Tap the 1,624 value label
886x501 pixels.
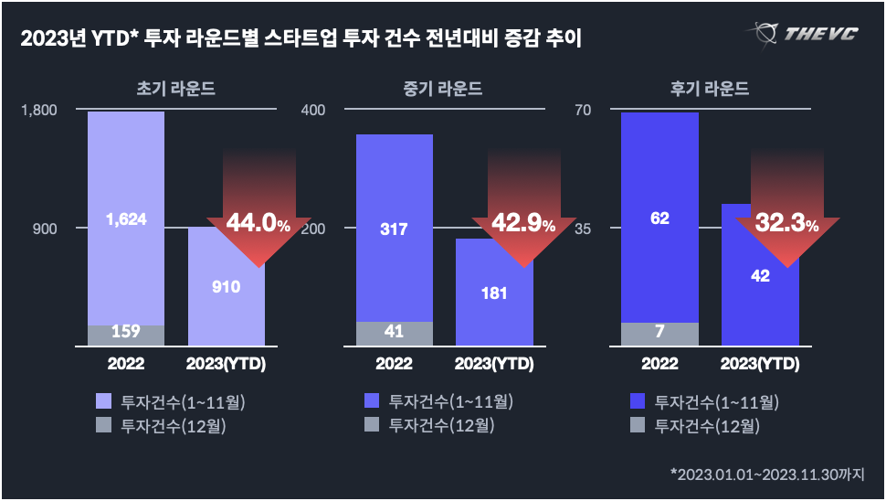pos(126,219)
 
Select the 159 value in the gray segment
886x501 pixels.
pos(126,332)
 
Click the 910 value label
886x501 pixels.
pos(226,287)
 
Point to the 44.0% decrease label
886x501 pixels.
pos(258,224)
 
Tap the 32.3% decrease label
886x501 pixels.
pos(786,224)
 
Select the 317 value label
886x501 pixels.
pos(394,229)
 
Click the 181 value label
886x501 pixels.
pos(494,293)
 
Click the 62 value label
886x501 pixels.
pos(659,218)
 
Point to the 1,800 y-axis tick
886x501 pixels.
pos(38,111)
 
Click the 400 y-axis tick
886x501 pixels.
pos(312,111)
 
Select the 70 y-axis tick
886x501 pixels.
pos(583,111)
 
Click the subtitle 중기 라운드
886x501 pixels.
pos(443,90)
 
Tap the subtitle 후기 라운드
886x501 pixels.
pos(709,90)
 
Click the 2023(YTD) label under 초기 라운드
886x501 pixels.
pos(226,364)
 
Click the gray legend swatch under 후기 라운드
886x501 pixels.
pos(638,424)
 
